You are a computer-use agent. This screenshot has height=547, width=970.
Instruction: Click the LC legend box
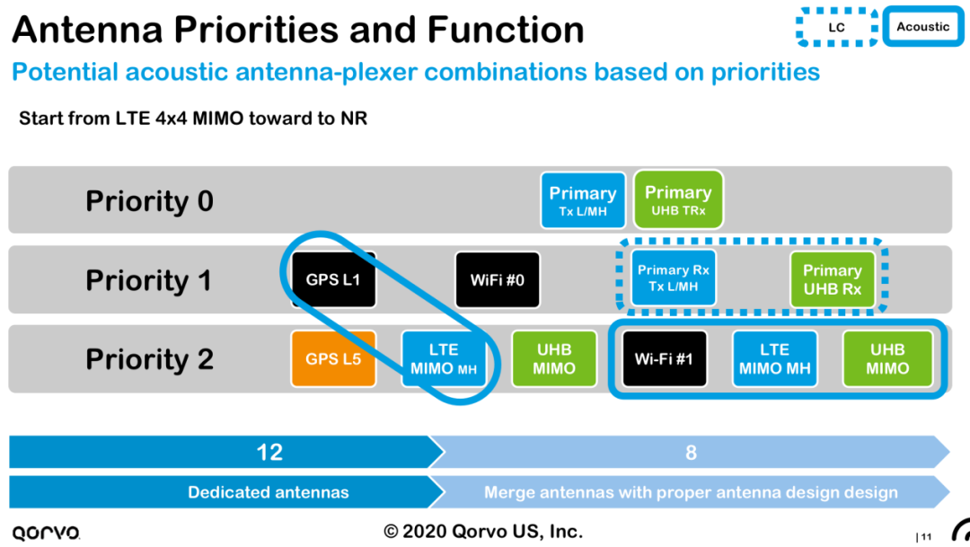point(836,27)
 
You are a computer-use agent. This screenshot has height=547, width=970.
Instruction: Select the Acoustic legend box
point(922,27)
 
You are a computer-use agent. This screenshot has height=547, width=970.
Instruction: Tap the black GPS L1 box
point(333,279)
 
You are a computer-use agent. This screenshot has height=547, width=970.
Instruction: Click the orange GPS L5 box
point(333,358)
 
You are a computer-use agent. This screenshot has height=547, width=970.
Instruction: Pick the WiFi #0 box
point(497,279)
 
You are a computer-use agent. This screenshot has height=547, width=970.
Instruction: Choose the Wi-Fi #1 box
point(664,358)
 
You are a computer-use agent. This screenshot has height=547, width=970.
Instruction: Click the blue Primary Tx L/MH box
point(582,199)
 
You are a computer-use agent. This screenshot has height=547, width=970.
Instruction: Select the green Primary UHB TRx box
point(678,199)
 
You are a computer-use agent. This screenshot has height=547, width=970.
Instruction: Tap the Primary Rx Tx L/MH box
point(674,278)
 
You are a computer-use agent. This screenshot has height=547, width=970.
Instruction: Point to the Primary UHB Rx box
point(832,279)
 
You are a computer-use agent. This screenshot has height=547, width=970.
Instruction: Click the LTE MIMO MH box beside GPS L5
point(444,358)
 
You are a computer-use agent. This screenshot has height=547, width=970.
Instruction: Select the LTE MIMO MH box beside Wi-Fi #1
point(774,358)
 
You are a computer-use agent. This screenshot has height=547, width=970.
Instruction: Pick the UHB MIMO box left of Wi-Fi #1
point(553,358)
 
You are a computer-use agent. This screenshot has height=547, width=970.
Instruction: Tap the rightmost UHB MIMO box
point(887,358)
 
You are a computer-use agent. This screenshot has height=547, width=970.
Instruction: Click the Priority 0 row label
point(149,200)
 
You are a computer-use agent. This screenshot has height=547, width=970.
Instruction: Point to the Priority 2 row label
point(149,359)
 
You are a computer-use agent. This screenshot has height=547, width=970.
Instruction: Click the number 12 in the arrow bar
point(269,452)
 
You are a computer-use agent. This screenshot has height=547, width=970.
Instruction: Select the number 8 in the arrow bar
point(691,452)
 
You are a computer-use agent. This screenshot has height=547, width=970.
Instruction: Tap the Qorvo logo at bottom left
point(46,532)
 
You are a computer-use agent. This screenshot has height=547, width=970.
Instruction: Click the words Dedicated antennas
point(268,492)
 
